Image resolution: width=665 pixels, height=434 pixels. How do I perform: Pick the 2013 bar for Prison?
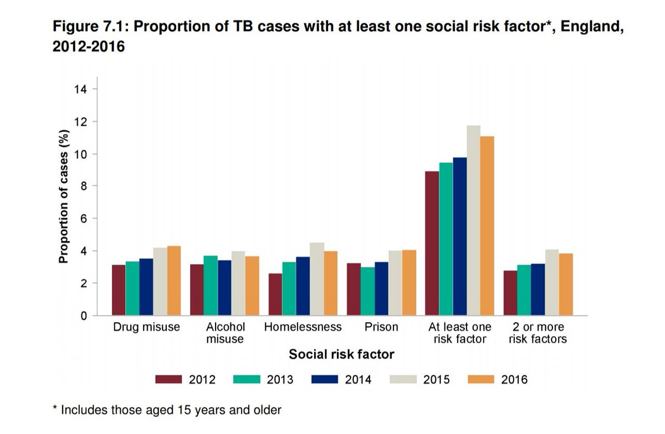(x=367, y=291)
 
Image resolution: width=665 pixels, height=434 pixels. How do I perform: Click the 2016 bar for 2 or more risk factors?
(x=565, y=285)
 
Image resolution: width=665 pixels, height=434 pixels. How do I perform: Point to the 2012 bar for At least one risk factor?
(x=432, y=244)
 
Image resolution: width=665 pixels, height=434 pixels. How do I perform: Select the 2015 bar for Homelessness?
(x=317, y=279)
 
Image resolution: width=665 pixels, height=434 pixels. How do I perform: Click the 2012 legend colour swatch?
(x=169, y=380)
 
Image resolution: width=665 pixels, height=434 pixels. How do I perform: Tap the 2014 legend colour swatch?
(x=325, y=380)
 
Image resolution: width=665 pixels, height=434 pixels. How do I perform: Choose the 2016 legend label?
(x=514, y=380)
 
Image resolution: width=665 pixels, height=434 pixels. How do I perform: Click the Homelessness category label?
(x=303, y=327)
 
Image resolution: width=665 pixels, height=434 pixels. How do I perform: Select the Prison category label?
(x=381, y=327)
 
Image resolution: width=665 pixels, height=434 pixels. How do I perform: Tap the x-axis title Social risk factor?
(x=341, y=354)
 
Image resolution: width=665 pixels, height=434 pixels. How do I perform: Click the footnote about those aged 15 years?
(x=167, y=410)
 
